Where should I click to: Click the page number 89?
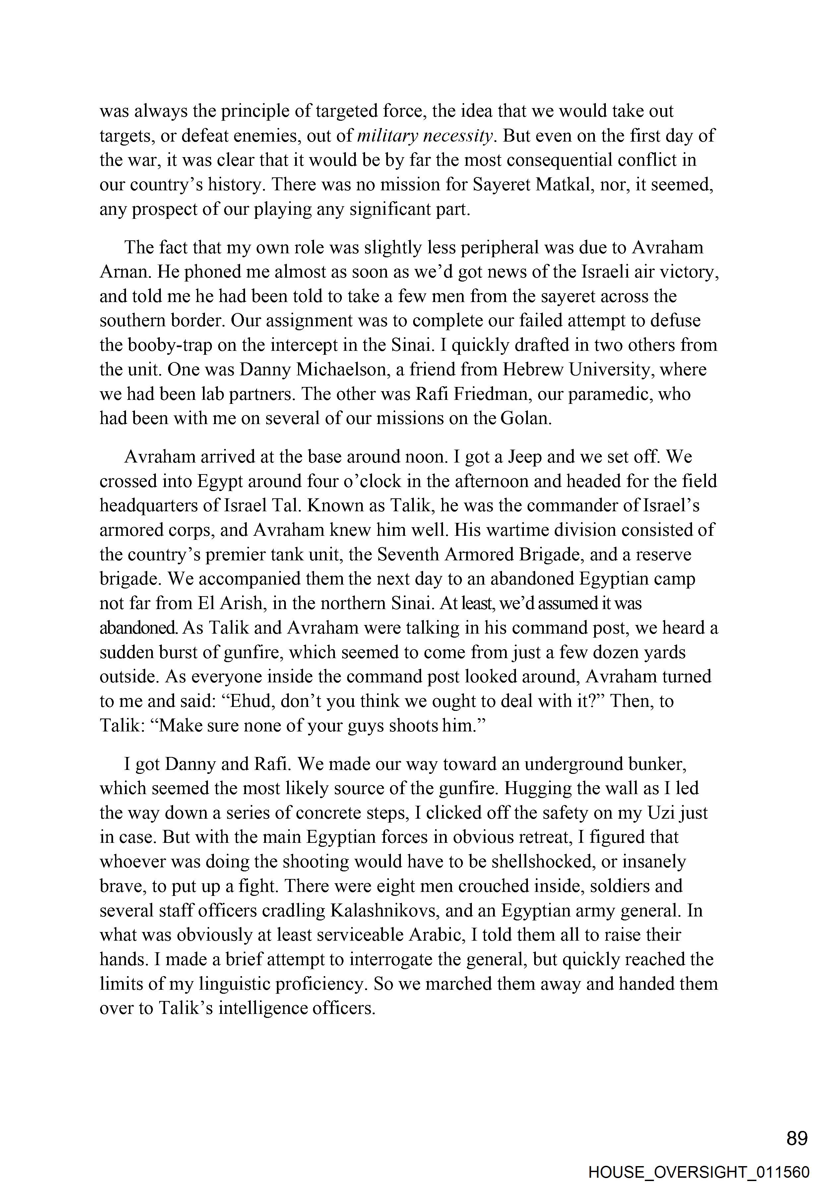(797, 1139)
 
